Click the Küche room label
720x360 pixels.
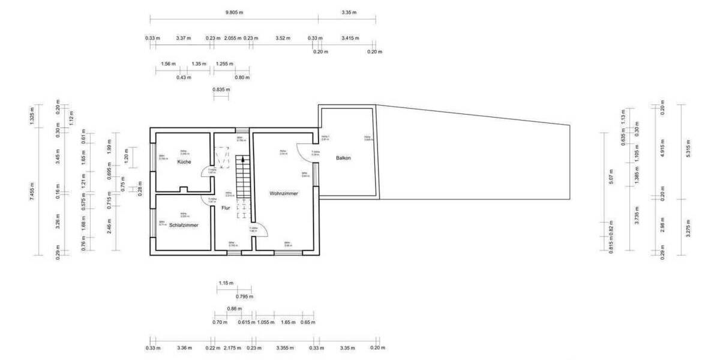[x=184, y=162]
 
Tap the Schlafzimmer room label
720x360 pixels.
[x=184, y=225]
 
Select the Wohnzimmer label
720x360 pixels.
[x=284, y=194]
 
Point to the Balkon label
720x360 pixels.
[x=343, y=158]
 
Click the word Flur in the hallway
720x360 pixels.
[x=226, y=208]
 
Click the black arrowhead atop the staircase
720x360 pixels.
[x=242, y=160]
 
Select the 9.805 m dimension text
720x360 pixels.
[x=234, y=12]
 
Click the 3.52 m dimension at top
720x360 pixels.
[x=283, y=38]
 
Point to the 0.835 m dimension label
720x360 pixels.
[x=221, y=89]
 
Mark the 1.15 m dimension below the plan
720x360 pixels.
[x=226, y=283]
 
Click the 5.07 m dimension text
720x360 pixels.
[x=611, y=178]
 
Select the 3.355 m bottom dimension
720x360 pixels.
[x=285, y=347]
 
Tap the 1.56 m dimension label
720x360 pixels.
[x=169, y=64]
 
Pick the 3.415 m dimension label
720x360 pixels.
[x=350, y=38]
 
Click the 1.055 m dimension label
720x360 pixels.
[x=265, y=322]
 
